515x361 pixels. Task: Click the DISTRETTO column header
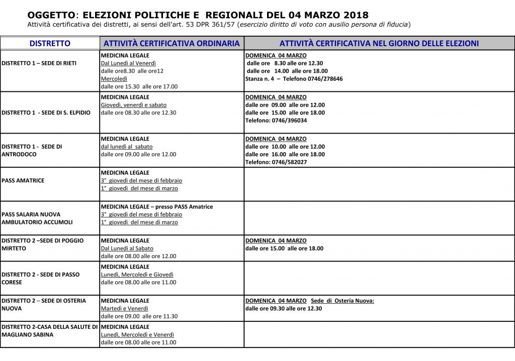(x=50, y=44)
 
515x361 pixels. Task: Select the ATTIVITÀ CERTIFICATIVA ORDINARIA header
(x=171, y=44)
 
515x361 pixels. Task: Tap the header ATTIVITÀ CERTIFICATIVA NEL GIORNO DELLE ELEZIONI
(x=379, y=44)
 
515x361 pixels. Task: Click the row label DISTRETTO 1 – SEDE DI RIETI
(x=39, y=63)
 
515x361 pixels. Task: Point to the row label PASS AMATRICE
(x=23, y=180)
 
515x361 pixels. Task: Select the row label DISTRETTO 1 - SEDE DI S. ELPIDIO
(x=46, y=112)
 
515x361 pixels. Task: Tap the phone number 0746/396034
(x=286, y=121)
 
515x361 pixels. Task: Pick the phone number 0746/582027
(x=286, y=162)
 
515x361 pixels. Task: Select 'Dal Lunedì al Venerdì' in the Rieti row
(x=128, y=63)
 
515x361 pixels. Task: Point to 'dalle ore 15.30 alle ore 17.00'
(x=139, y=86)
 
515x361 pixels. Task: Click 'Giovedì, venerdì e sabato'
(x=134, y=105)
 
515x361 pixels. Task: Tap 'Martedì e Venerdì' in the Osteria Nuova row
(x=125, y=308)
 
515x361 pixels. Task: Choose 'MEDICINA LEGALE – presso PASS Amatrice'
(x=157, y=206)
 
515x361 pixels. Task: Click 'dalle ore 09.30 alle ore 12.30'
(x=284, y=308)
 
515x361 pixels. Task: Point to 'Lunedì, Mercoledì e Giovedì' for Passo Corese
(x=137, y=275)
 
